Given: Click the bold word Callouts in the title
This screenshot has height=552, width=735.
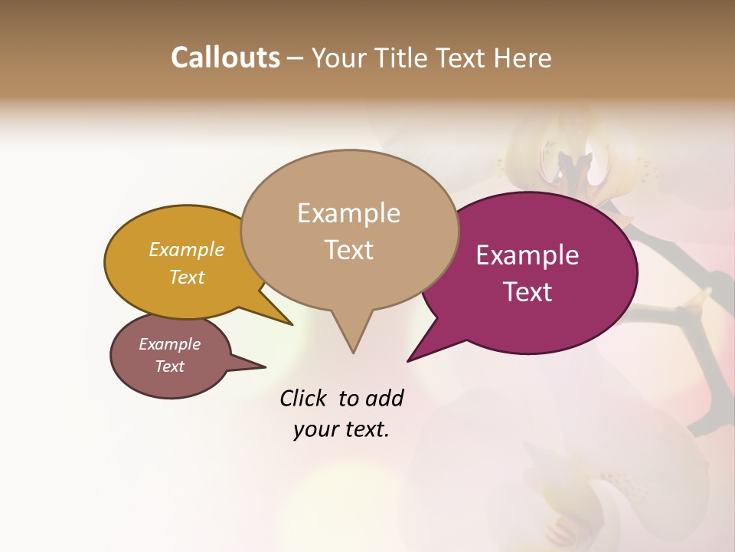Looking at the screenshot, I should coord(225,58).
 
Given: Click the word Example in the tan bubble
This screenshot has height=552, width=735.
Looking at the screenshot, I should coord(348,213).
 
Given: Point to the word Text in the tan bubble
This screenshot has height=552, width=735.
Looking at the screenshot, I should coord(348,250).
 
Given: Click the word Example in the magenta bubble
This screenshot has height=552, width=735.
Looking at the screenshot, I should coord(528,255).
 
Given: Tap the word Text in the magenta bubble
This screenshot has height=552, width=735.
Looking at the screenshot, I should coord(528,292).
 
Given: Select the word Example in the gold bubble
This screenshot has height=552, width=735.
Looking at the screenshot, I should coord(187,249).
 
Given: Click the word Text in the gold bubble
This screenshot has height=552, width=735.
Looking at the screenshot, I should coord(187,277).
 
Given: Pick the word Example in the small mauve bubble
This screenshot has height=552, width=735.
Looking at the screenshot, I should coord(169,344).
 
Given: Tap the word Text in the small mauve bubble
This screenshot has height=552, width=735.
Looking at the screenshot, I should coord(169,366).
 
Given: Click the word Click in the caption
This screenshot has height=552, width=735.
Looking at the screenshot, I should coord(304,398).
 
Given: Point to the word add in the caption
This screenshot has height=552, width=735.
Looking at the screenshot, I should coord(384,398).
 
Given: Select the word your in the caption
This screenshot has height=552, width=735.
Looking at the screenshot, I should coord(315,430).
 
